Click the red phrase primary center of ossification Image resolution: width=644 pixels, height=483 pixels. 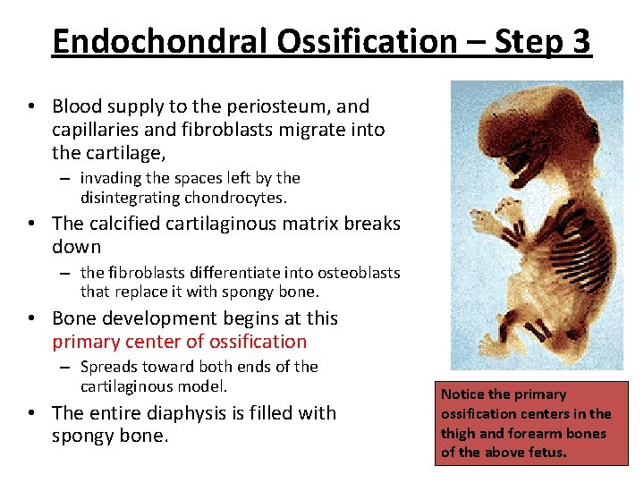(x=179, y=342)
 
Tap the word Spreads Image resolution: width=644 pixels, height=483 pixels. (x=110, y=367)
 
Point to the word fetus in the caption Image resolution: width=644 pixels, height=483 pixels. (x=547, y=453)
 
